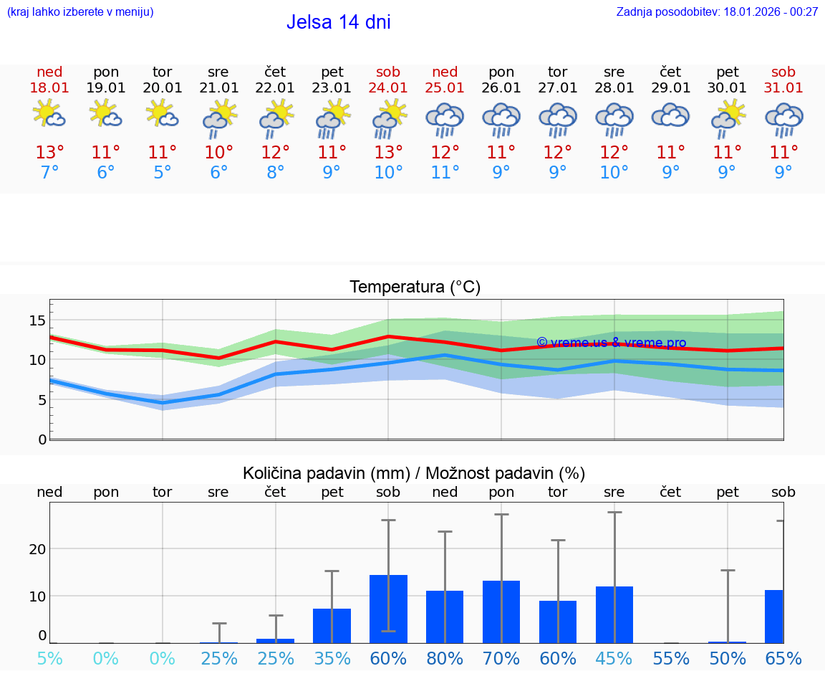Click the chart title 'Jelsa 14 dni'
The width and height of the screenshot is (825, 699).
tap(338, 22)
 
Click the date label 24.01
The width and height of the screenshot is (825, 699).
tap(388, 87)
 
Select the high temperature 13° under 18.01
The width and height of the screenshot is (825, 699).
tap(49, 153)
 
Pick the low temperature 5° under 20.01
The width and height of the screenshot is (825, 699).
tap(163, 173)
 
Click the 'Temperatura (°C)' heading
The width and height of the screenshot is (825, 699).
tap(415, 287)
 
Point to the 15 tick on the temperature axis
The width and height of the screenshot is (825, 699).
tap(37, 320)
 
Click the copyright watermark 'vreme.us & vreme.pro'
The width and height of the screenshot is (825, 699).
tap(611, 343)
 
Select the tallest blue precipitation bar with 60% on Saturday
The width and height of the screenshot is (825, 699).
tap(388, 609)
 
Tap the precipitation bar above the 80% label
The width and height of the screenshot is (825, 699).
tap(445, 617)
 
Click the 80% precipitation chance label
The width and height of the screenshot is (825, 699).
tap(445, 659)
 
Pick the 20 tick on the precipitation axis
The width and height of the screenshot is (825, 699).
tap(37, 548)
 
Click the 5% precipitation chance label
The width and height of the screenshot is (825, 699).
tap(49, 659)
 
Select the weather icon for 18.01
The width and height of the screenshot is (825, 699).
tap(49, 114)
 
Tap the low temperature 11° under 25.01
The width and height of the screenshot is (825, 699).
tap(445, 173)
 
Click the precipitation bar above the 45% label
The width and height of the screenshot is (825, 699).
tap(614, 614)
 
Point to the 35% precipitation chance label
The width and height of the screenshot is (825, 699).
tap(332, 659)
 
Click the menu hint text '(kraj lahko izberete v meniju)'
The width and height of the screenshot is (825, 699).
tap(80, 11)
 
